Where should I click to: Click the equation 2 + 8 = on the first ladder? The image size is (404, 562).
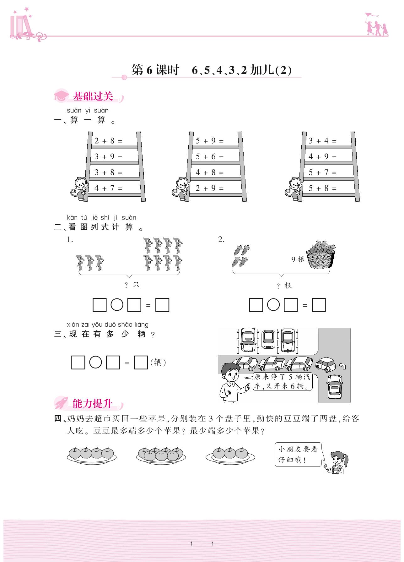[108, 141]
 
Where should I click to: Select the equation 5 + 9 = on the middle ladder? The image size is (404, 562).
[209, 141]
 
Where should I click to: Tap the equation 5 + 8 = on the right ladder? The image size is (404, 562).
[322, 188]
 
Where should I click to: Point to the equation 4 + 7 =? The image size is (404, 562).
[108, 188]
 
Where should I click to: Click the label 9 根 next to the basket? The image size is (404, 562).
[298, 259]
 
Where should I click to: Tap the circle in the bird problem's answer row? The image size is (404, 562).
[117, 305]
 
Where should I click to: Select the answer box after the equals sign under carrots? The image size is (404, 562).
[319, 305]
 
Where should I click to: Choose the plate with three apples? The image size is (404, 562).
[230, 455]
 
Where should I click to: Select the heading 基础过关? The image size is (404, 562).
[93, 96]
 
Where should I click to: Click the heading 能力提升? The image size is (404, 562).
[92, 403]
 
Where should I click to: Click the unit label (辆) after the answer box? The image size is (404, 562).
[158, 362]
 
